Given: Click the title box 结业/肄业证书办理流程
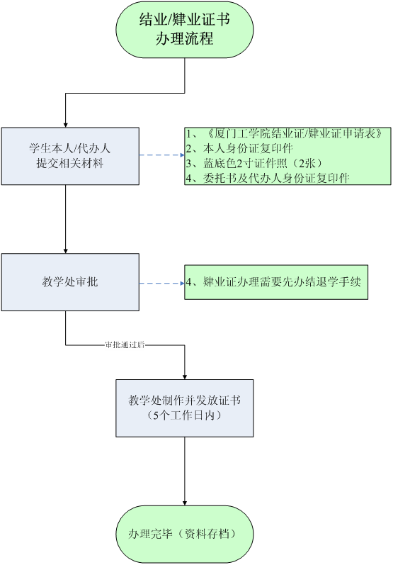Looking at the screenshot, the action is (184, 29).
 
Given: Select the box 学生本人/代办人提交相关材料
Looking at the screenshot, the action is (70, 156).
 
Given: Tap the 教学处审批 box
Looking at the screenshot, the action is (70, 282).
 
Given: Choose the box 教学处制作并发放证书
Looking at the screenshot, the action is (185, 408).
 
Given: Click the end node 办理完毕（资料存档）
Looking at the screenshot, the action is (185, 534).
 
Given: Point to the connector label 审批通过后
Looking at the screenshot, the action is (125, 345).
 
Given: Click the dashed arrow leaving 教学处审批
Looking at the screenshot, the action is (162, 284).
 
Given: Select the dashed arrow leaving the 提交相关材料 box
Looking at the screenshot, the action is (162, 155).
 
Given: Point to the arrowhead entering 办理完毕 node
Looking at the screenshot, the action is (185, 503).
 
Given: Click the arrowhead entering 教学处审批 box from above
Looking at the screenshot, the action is (65, 251).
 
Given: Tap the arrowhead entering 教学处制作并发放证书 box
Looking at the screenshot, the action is (185, 377).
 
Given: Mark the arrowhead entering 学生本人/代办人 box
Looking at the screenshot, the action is (65, 125).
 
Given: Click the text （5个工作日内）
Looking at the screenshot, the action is (184, 415).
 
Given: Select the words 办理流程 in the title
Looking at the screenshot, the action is (184, 38).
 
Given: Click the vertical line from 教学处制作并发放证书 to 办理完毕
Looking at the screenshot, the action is (185, 471).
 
